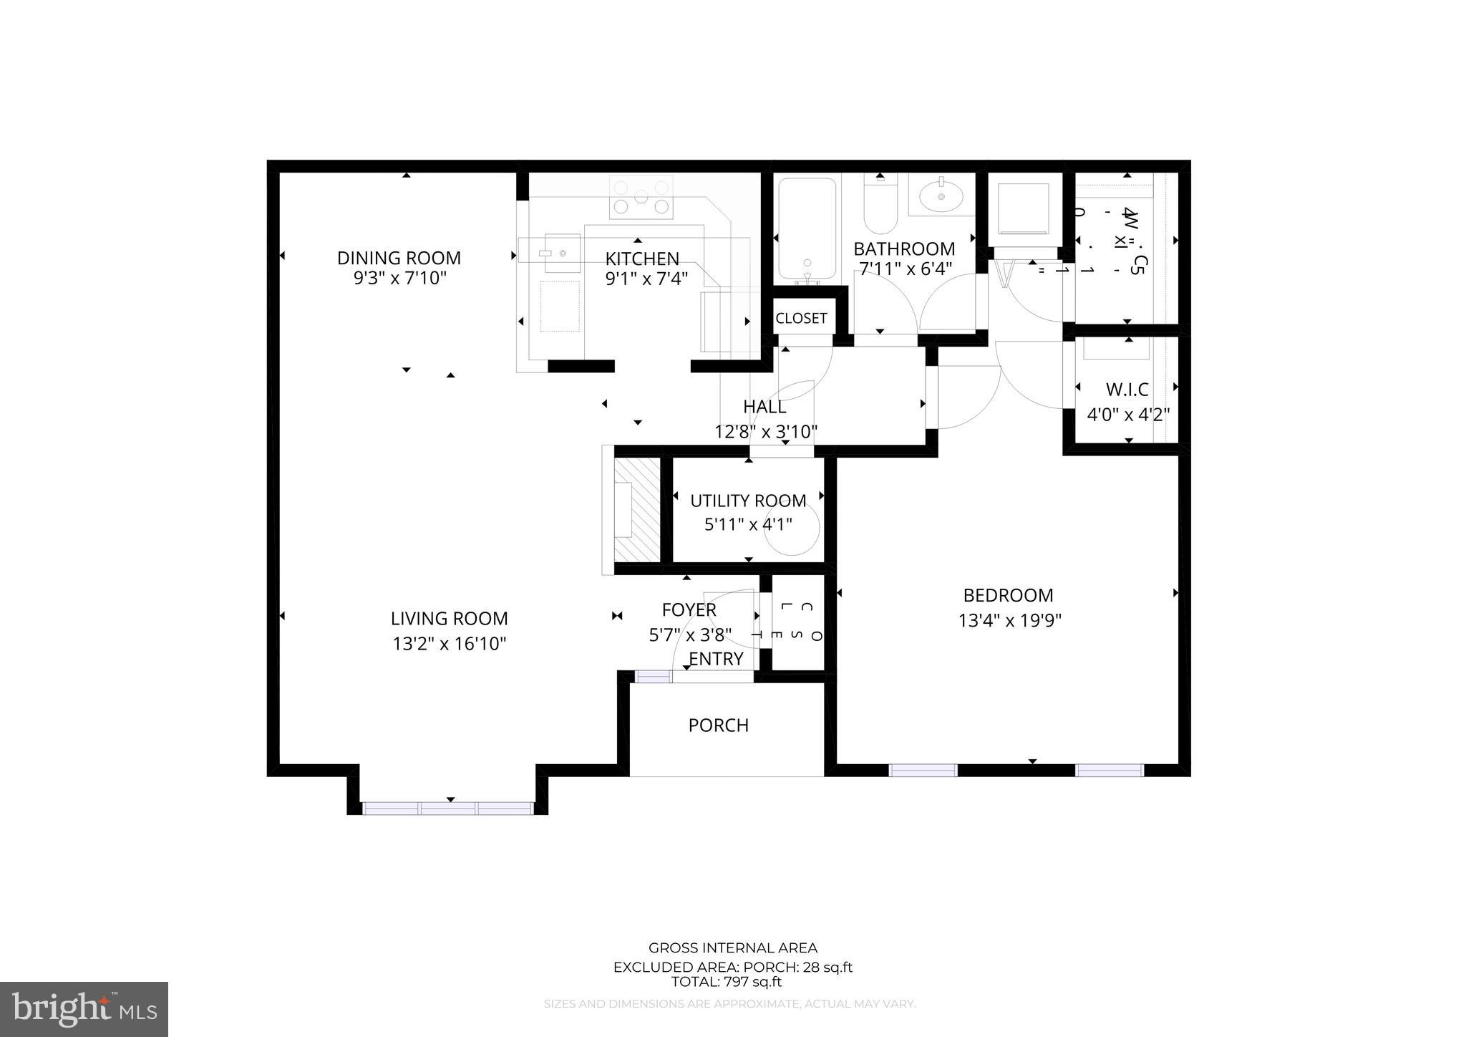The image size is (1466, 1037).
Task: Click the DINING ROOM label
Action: pos(399,258)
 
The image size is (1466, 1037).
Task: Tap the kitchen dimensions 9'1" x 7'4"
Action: pos(646,279)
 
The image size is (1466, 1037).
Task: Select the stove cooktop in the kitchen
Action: pos(641,198)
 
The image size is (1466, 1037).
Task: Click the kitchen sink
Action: pos(562,253)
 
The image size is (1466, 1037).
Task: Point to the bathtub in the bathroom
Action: pos(807,228)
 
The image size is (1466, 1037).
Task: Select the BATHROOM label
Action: pos(904,249)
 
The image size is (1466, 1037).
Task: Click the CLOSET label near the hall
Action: pos(801,319)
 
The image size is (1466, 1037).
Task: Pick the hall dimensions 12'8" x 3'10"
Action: pos(766,432)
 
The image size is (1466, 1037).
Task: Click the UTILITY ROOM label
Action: pos(748,501)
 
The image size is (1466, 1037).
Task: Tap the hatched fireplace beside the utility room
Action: pos(636,509)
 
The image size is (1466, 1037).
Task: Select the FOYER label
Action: pos(689,610)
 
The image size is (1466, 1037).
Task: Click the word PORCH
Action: pos(718,725)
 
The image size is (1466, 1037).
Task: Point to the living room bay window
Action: pos(448,808)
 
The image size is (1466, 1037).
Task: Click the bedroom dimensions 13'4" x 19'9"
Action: pos(1009,620)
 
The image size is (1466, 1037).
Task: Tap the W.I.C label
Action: pos(1127,390)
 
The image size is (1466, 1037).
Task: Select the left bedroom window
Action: pos(923,770)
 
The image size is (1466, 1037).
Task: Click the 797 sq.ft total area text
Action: pos(726,982)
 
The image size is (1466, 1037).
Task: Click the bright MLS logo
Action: pos(84,1009)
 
